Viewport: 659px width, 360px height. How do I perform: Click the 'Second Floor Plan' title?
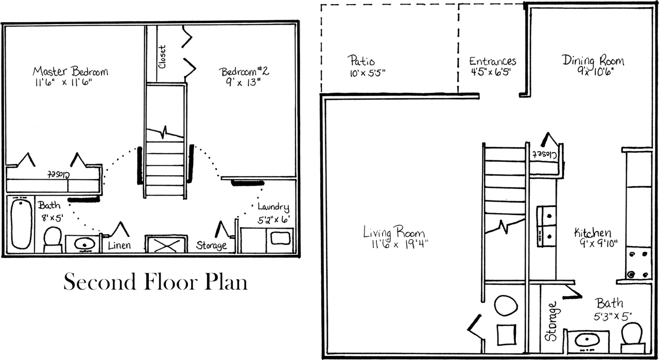coord(155,282)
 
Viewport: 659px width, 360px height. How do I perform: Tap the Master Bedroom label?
coord(71,71)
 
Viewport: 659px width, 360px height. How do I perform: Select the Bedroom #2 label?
coord(244,71)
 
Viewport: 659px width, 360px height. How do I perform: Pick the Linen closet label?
coord(119,246)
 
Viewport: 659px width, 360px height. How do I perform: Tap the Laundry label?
coord(273,207)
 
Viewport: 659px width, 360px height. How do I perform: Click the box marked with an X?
coord(166,244)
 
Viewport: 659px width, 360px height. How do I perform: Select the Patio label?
coord(361,61)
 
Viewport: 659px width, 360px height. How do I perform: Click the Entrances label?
coord(492,62)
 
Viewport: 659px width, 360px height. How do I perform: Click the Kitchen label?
coord(593,233)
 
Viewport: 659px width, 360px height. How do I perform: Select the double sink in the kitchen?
coord(546,226)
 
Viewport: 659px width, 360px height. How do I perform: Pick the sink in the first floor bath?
coord(586,340)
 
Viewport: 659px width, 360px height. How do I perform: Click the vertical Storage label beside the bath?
coord(551,322)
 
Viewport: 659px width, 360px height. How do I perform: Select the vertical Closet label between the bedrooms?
coord(162,57)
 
